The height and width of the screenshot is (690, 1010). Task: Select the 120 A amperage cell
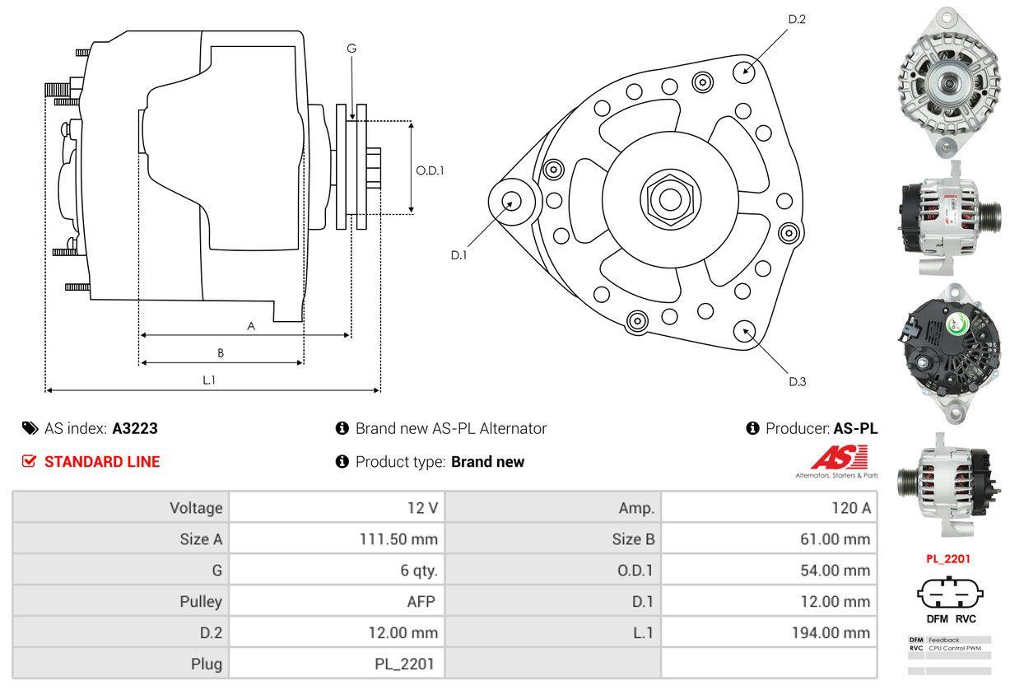pyautogui.click(x=850, y=508)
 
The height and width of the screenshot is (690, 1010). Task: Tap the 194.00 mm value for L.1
pyautogui.click(x=834, y=632)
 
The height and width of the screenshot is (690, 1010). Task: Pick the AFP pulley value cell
pyautogui.click(x=420, y=601)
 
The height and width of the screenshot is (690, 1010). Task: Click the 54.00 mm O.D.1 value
pyautogui.click(x=837, y=570)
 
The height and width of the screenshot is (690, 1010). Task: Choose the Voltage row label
pyautogui.click(x=196, y=508)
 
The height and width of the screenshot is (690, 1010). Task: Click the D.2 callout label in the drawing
pyautogui.click(x=797, y=19)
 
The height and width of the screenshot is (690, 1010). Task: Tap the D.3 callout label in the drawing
pyautogui.click(x=797, y=381)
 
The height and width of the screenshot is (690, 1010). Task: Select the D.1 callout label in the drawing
pyautogui.click(x=458, y=255)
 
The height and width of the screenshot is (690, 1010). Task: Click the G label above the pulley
pyautogui.click(x=351, y=49)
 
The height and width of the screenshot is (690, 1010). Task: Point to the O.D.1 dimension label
pyautogui.click(x=430, y=170)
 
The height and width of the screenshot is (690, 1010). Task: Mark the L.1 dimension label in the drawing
pyautogui.click(x=209, y=380)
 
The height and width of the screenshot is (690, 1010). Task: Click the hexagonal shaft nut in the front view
pyautogui.click(x=665, y=198)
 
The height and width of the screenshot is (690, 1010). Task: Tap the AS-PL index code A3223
pyautogui.click(x=135, y=428)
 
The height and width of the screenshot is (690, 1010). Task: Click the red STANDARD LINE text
pyautogui.click(x=102, y=462)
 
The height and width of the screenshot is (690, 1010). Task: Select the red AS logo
pyautogui.click(x=839, y=458)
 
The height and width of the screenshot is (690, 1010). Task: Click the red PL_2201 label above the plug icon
pyautogui.click(x=948, y=558)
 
